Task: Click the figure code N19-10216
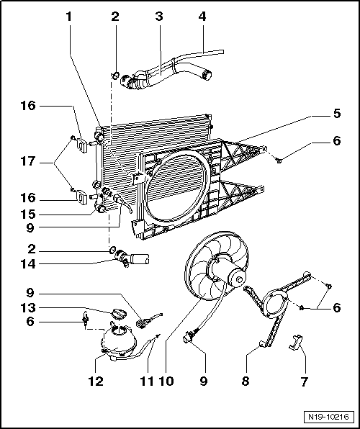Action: click(x=328, y=416)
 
